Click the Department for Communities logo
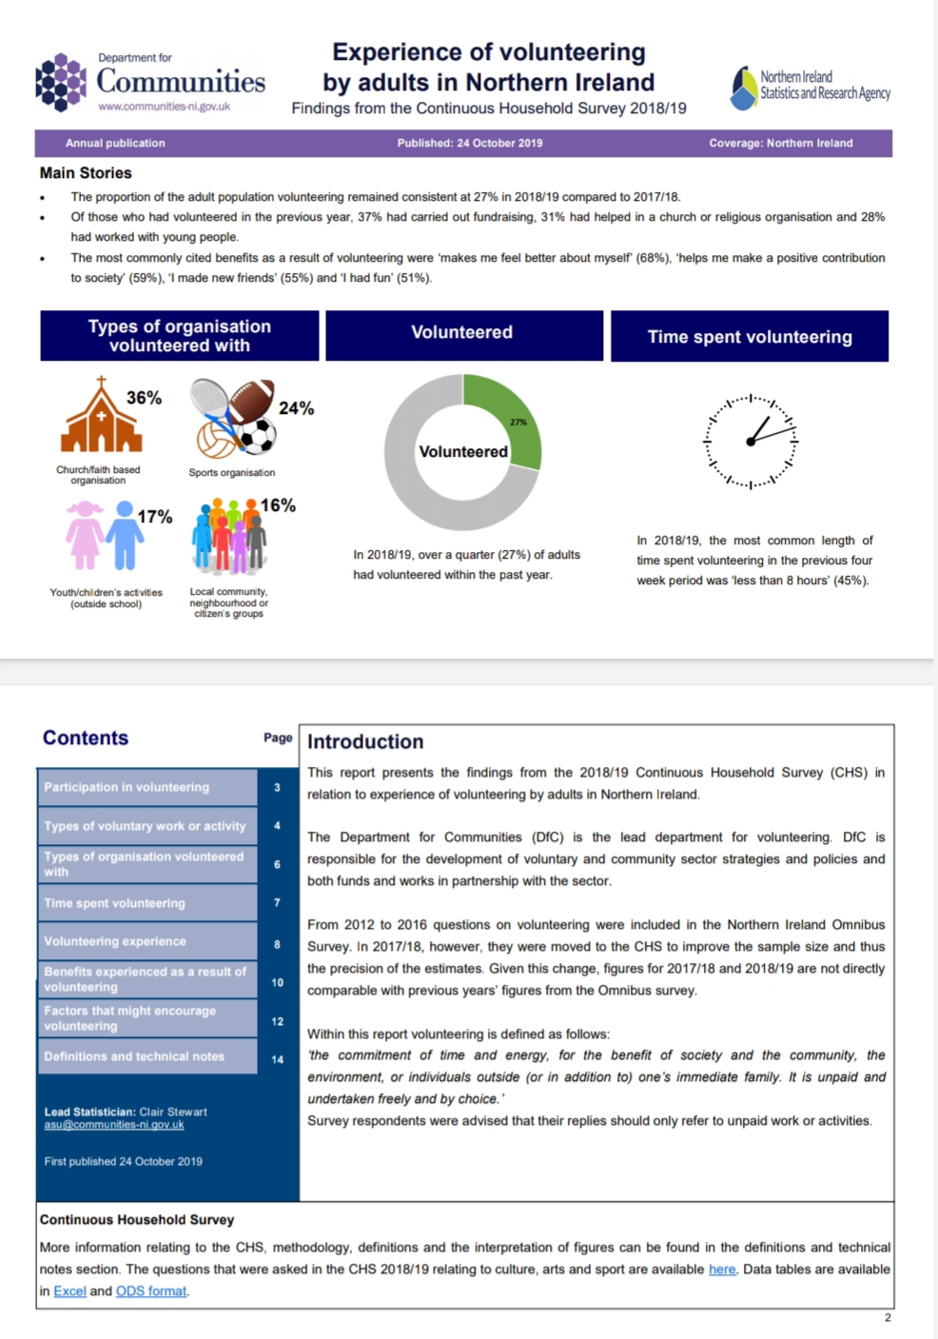point(150,82)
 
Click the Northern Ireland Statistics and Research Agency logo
point(811,87)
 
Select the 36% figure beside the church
point(144,398)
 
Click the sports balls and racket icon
point(232,418)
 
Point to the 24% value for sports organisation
point(296,408)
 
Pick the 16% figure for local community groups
point(278,505)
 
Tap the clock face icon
point(751,442)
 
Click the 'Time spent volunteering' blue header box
point(750,337)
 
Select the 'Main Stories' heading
point(86,173)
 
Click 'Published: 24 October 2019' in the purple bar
point(470,143)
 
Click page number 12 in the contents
point(277,1021)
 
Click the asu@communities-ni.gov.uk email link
point(114,1125)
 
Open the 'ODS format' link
point(151,1291)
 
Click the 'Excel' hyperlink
point(69,1291)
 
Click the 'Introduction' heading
point(365,741)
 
